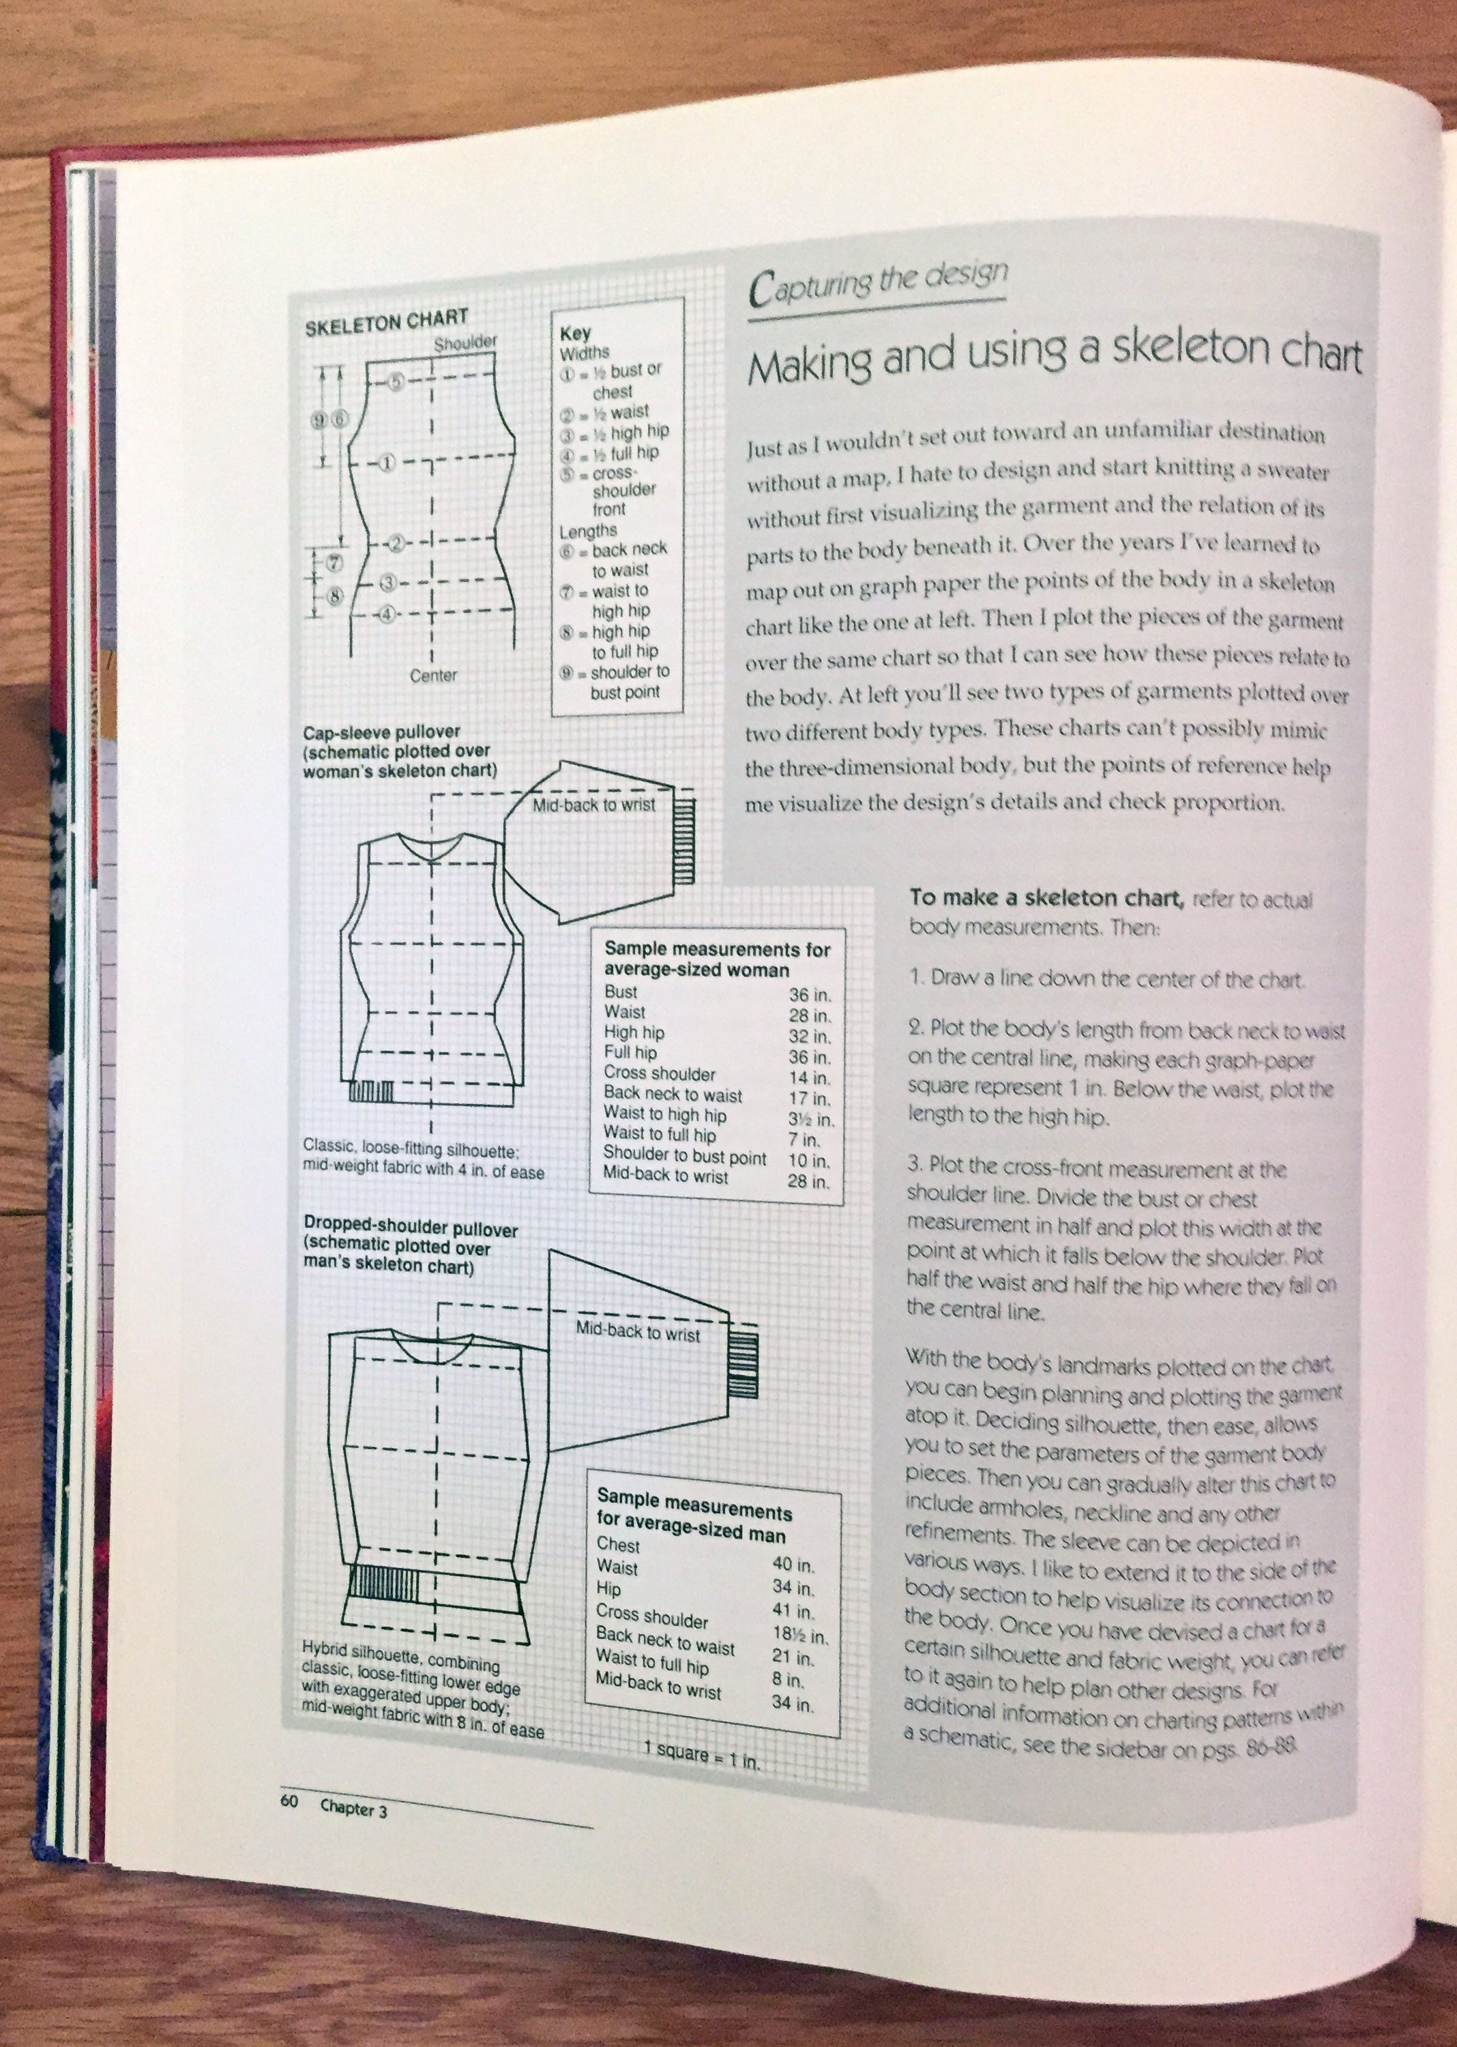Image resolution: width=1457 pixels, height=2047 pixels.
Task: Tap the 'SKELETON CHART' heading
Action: [x=386, y=322]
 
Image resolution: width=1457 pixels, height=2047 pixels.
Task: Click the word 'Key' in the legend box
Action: [x=575, y=333]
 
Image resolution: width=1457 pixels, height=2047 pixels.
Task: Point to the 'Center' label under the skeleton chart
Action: [x=433, y=675]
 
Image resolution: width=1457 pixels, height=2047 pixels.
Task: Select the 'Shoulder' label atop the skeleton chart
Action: [x=465, y=343]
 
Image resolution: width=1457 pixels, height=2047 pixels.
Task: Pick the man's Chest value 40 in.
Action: [x=793, y=1564]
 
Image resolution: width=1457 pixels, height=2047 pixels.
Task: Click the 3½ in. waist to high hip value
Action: [x=812, y=1119]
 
